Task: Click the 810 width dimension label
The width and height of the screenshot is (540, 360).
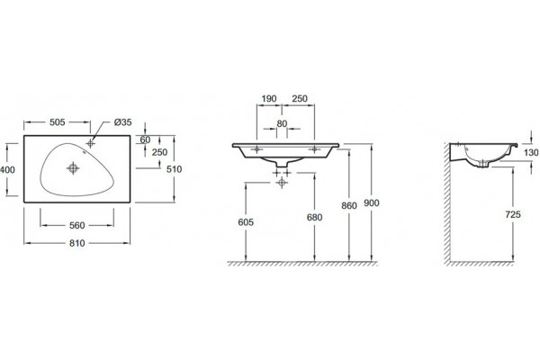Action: pyautogui.click(x=77, y=243)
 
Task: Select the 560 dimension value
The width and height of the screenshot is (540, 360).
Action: pyautogui.click(x=77, y=225)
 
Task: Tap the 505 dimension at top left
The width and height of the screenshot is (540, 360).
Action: pyautogui.click(x=58, y=122)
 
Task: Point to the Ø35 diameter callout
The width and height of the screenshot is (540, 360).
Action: pyautogui.click(x=123, y=122)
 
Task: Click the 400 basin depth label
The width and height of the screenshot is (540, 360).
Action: pyautogui.click(x=7, y=169)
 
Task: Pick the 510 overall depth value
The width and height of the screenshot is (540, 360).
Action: pyautogui.click(x=174, y=169)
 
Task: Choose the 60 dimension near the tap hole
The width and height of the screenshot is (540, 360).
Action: pyautogui.click(x=145, y=139)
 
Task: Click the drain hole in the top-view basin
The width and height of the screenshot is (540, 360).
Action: pyautogui.click(x=73, y=168)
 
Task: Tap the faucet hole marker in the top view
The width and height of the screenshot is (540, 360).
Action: pyautogui.click(x=91, y=143)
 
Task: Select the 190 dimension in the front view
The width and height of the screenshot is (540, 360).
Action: pyautogui.click(x=269, y=98)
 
